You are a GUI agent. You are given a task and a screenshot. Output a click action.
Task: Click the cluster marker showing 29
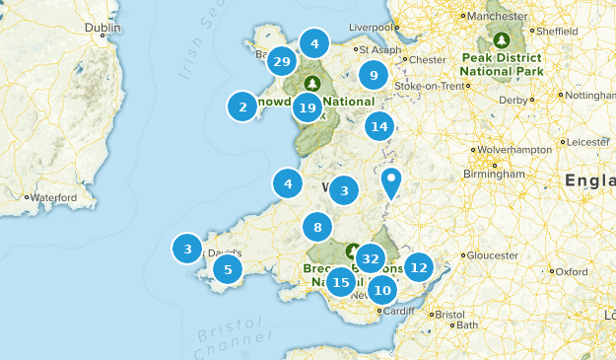(x=282, y=61)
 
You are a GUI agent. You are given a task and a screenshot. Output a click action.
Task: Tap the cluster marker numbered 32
(x=371, y=259)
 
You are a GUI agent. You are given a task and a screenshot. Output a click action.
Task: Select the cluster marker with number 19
(x=308, y=108)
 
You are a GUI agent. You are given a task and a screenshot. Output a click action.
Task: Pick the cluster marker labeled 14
(x=379, y=126)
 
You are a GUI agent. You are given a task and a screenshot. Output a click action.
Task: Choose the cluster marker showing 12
(x=419, y=266)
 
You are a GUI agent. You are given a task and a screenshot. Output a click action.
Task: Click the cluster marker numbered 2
(x=242, y=107)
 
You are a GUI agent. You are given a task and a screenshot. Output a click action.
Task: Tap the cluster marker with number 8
(x=317, y=228)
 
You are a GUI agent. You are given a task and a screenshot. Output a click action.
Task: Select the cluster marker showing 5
(x=228, y=269)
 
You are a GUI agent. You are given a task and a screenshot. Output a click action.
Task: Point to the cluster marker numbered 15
(x=341, y=282)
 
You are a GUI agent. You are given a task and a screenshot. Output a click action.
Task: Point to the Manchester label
(x=498, y=17)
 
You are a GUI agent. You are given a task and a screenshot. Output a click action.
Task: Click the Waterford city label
(x=53, y=197)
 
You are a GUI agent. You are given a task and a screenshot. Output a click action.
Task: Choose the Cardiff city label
(x=399, y=312)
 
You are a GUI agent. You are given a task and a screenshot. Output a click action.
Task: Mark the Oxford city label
(x=572, y=271)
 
